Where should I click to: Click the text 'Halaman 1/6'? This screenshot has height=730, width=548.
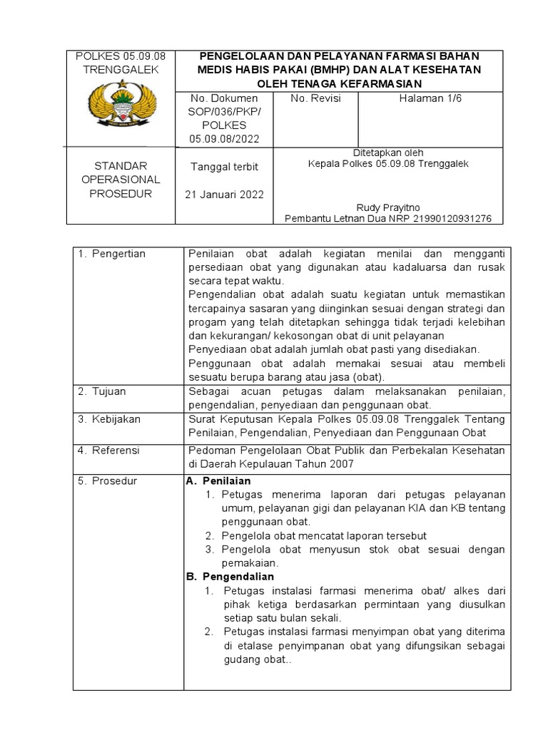coord(430,98)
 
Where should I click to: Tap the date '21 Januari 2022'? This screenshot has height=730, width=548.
coord(224,195)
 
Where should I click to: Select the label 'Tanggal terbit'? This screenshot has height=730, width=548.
coord(224,167)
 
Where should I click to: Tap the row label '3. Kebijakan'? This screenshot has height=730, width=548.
coord(109,419)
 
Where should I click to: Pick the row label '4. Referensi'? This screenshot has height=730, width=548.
coord(109,451)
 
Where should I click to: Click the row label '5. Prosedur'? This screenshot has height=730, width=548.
coord(107,481)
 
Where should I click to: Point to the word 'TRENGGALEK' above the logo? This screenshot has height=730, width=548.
coord(121,69)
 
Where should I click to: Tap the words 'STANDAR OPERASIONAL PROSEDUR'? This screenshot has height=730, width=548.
coord(121,180)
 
